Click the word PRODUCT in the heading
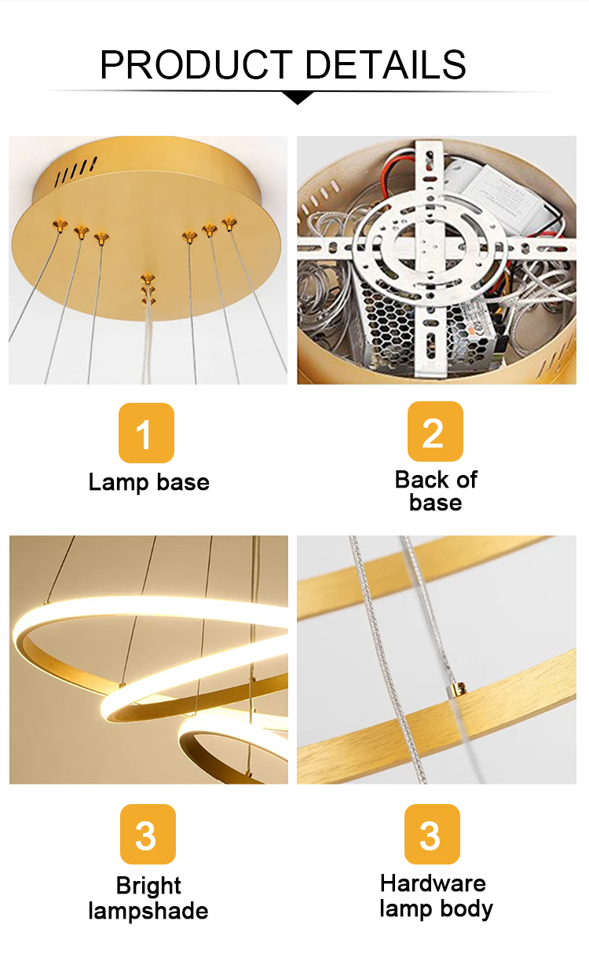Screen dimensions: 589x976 coord(196,64)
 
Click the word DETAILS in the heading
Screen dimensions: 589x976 coord(386,64)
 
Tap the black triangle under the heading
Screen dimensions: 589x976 coord(298,97)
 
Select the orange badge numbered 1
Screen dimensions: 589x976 coord(146,433)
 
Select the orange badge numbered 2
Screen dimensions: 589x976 coord(435,431)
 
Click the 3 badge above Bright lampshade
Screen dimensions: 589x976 coord(148,834)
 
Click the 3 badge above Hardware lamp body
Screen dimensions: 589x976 coord(432,834)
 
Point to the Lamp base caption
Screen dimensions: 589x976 coord(149,483)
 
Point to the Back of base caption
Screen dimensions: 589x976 coord(436,491)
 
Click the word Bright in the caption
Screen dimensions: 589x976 coord(148,885)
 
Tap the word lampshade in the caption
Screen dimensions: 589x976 coord(148,911)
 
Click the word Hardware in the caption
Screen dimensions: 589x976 coord(433,883)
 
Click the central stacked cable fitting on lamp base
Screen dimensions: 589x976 coord(148,289)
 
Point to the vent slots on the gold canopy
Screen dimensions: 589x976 coord(76,170)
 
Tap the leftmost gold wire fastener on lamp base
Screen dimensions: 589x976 coord(60,226)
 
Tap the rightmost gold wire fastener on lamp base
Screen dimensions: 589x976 coord(229,225)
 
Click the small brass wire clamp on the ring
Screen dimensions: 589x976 coord(457,689)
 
